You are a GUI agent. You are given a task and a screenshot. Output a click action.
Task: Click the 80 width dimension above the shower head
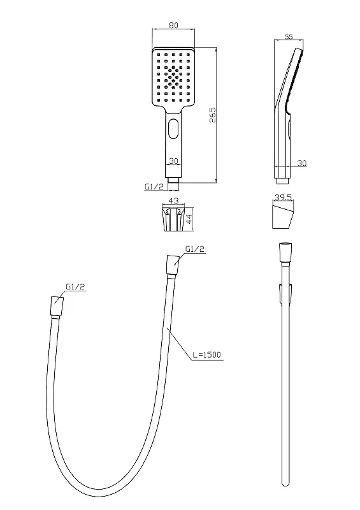click(174, 25)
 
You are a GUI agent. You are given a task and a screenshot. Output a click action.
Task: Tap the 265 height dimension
click(212, 115)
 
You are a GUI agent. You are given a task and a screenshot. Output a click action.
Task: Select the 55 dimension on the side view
click(289, 37)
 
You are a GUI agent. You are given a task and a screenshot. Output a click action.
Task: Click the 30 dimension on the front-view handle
click(174, 161)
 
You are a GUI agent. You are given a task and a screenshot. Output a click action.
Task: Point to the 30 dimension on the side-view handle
click(302, 163)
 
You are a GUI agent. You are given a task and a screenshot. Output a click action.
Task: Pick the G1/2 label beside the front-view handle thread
click(154, 187)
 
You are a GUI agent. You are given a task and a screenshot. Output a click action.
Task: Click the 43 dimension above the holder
click(173, 201)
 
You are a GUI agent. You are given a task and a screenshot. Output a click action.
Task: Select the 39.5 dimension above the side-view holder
click(283, 198)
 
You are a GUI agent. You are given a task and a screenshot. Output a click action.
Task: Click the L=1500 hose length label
click(206, 354)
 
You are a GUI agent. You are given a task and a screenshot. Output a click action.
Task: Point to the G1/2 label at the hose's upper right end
click(195, 249)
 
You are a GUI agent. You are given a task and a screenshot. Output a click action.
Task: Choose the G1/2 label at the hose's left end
click(75, 286)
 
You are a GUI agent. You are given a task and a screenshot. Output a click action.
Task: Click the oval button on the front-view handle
click(174, 129)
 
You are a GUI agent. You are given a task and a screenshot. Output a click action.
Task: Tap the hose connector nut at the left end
click(57, 306)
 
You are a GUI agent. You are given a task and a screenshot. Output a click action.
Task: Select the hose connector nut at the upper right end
click(173, 266)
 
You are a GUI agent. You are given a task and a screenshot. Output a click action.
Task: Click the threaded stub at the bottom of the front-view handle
click(174, 184)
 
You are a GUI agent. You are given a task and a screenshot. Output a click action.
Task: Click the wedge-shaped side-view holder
click(284, 217)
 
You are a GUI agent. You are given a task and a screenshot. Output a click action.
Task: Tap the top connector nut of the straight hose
click(285, 252)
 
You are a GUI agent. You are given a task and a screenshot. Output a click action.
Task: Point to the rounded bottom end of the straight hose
click(285, 483)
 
